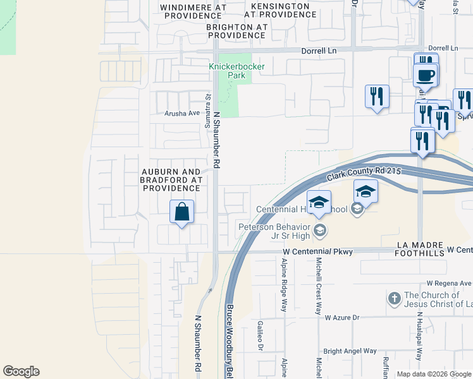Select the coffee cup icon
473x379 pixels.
[425, 75]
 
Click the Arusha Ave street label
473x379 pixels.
[182, 114]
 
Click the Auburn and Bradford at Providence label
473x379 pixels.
[171, 180]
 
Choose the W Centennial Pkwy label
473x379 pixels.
[317, 252]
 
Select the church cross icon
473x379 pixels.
[393, 298]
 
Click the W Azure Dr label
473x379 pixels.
[342, 318]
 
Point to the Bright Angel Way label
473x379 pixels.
[350, 351]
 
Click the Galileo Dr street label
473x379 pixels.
[260, 335]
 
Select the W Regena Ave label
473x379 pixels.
[449, 283]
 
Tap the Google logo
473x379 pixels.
[21, 371]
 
